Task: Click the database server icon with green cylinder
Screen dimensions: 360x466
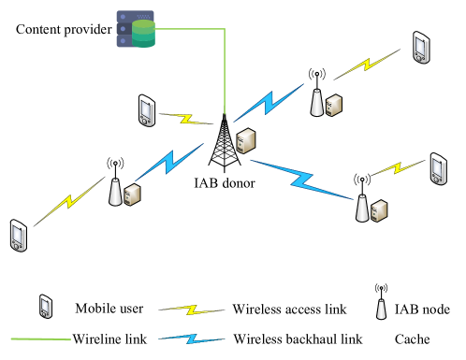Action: [136, 29]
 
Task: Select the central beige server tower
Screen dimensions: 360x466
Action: [245, 141]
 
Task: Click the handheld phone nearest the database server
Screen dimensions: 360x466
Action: [146, 110]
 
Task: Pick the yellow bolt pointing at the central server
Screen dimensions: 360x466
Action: [186, 119]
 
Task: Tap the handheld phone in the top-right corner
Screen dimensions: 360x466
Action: [421, 48]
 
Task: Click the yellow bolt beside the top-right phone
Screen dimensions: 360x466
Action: [366, 64]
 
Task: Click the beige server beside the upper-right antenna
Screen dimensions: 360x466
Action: [333, 105]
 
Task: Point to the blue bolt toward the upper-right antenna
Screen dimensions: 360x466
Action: [269, 103]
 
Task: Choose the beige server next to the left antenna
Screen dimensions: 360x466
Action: [132, 194]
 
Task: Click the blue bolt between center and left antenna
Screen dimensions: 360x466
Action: [169, 162]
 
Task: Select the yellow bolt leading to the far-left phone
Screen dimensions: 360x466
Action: [69, 201]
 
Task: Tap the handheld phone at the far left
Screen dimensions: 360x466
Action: [18, 236]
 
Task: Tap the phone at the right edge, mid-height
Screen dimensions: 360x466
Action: [438, 169]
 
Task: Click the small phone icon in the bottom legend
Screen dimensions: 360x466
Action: [45, 307]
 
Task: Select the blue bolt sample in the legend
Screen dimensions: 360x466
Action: [192, 338]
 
